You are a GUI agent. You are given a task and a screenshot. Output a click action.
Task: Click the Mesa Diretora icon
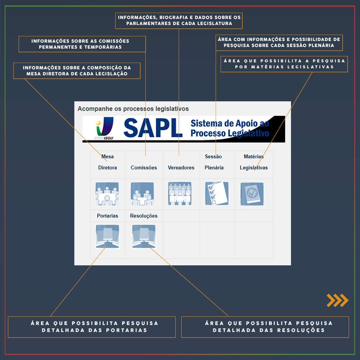click(x=107, y=194)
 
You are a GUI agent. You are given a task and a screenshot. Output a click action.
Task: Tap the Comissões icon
click(x=142, y=194)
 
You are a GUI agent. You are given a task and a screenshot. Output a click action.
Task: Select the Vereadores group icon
click(x=180, y=194)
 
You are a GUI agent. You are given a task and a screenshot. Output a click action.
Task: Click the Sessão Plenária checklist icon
click(x=217, y=194)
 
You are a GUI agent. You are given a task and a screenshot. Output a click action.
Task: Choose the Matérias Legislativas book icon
click(x=252, y=194)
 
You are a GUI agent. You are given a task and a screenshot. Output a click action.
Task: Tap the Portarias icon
click(x=107, y=236)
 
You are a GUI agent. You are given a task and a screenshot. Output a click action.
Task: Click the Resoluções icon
click(x=144, y=236)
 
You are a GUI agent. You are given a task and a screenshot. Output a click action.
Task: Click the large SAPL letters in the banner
click(x=153, y=128)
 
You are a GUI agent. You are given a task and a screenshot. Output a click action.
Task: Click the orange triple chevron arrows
click(x=337, y=300)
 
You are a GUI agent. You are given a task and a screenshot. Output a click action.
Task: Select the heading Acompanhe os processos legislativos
click(x=133, y=109)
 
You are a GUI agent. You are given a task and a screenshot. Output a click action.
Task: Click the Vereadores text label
click(x=181, y=168)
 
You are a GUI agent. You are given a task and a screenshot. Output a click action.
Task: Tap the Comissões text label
click(x=144, y=168)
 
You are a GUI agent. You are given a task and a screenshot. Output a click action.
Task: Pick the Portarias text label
click(x=107, y=216)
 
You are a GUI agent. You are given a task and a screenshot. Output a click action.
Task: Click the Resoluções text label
click(x=144, y=216)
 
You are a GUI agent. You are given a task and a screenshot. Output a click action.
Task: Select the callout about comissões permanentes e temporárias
click(x=82, y=44)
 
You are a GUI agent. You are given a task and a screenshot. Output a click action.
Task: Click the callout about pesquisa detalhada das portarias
click(x=92, y=327)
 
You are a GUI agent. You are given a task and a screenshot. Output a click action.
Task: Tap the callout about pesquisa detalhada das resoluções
click(x=265, y=327)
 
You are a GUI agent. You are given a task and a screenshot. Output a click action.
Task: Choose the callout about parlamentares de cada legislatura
click(x=179, y=20)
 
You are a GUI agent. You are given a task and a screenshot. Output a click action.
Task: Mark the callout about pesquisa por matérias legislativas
click(x=284, y=64)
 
